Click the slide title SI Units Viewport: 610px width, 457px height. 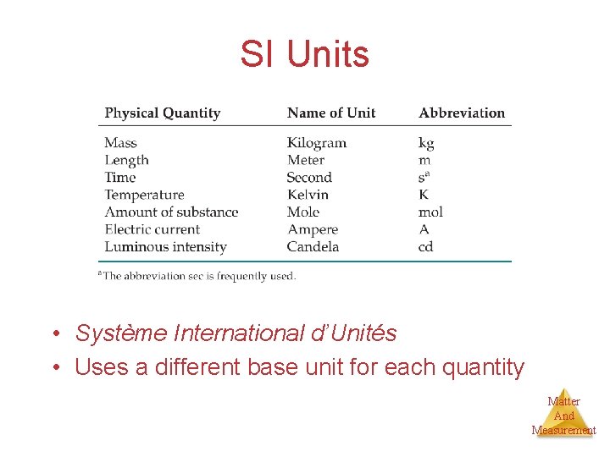click(304, 55)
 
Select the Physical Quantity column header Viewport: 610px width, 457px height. click(162, 113)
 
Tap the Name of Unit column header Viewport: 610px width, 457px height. click(330, 113)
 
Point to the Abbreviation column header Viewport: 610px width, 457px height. click(461, 113)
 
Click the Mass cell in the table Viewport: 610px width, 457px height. click(120, 143)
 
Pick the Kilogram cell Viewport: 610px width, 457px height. click(316, 143)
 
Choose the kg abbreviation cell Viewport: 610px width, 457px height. click(426, 144)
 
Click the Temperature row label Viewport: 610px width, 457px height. click(144, 195)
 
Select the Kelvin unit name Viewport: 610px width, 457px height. click(307, 195)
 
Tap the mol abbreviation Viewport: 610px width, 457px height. click(430, 212)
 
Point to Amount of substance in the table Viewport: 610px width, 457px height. click(171, 212)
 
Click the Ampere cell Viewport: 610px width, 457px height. click(312, 229)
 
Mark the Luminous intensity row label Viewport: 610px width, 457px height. click(165, 247)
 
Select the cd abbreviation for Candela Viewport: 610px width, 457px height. click(426, 247)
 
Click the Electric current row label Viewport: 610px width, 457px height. click(152, 229)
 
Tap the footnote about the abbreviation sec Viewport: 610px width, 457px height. click(197, 276)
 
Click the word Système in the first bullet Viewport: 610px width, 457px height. click(121, 333)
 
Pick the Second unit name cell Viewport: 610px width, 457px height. click(308, 178)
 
